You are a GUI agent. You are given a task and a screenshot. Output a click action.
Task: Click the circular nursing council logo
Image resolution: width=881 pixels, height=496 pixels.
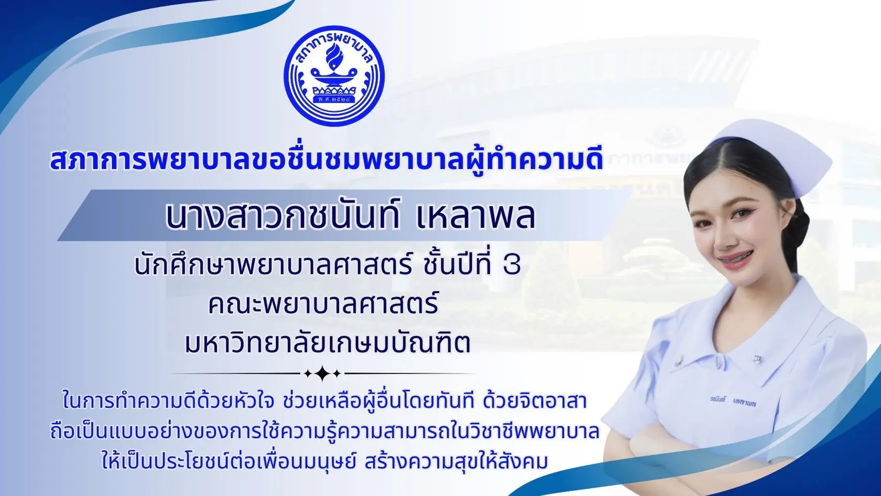click(334, 76)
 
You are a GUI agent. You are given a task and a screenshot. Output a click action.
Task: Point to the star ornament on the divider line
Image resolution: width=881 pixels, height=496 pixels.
click(323, 373)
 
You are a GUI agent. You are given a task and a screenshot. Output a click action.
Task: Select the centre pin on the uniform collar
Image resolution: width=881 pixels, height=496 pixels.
click(718, 362)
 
